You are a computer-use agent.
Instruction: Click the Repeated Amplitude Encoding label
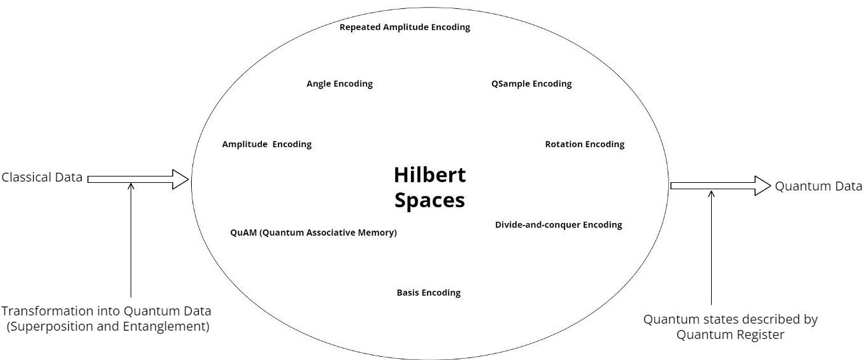click(405, 27)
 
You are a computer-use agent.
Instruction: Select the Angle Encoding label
click(339, 83)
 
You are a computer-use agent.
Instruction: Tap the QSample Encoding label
click(531, 83)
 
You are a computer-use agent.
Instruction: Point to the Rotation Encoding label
click(584, 144)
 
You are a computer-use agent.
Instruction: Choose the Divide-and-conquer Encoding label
click(558, 224)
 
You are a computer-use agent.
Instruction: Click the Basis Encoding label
click(428, 292)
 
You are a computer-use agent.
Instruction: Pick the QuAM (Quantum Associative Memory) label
click(313, 233)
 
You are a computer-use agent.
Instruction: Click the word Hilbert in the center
click(429, 175)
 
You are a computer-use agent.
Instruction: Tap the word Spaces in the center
click(429, 200)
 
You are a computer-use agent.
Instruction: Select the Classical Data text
click(42, 177)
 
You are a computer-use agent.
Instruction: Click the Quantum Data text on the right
click(818, 185)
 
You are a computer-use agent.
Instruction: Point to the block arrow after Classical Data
click(138, 179)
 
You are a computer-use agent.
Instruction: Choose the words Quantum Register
click(730, 334)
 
